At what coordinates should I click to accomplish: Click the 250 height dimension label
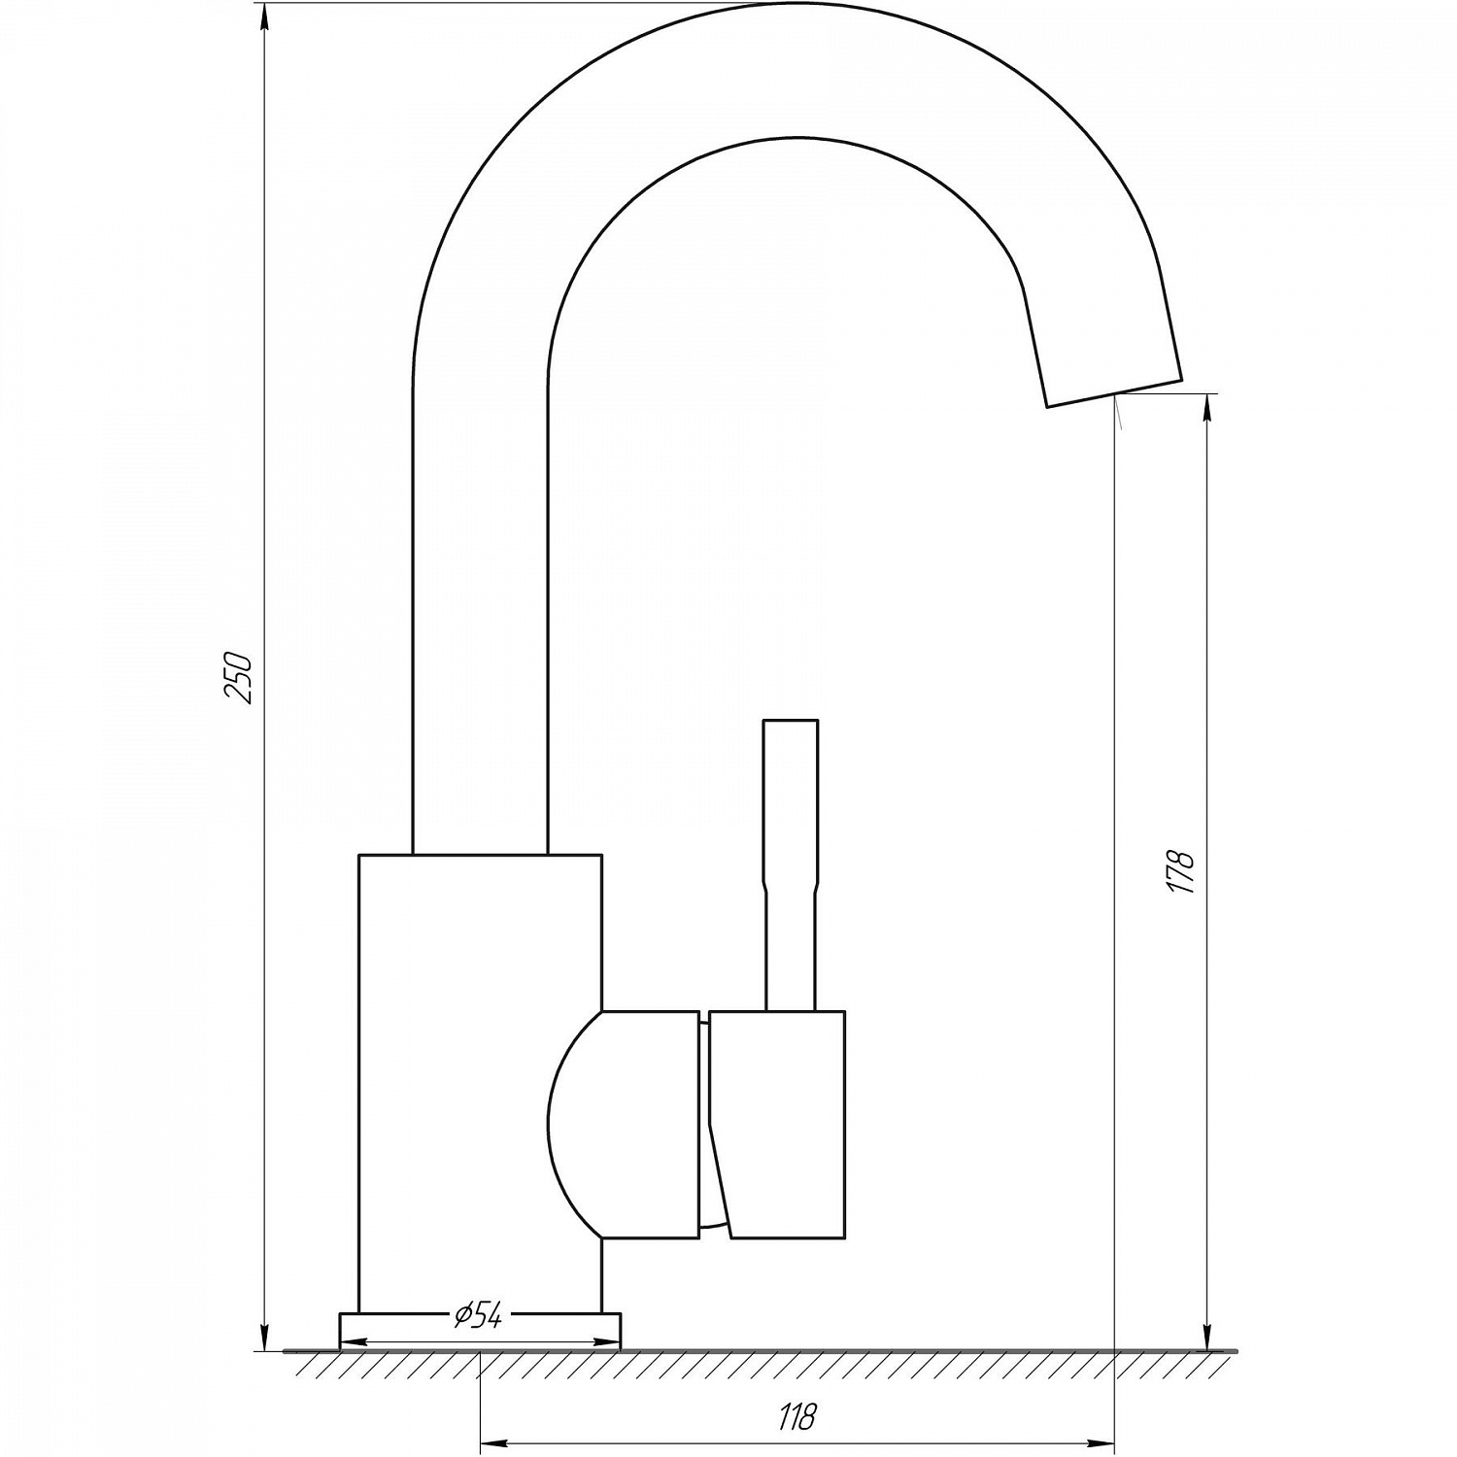click(x=238, y=677)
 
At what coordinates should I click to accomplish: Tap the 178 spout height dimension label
click(x=1181, y=871)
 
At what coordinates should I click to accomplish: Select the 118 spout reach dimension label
click(x=796, y=1416)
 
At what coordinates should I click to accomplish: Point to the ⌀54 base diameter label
click(x=478, y=1316)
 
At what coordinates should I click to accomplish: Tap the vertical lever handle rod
click(x=791, y=864)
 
